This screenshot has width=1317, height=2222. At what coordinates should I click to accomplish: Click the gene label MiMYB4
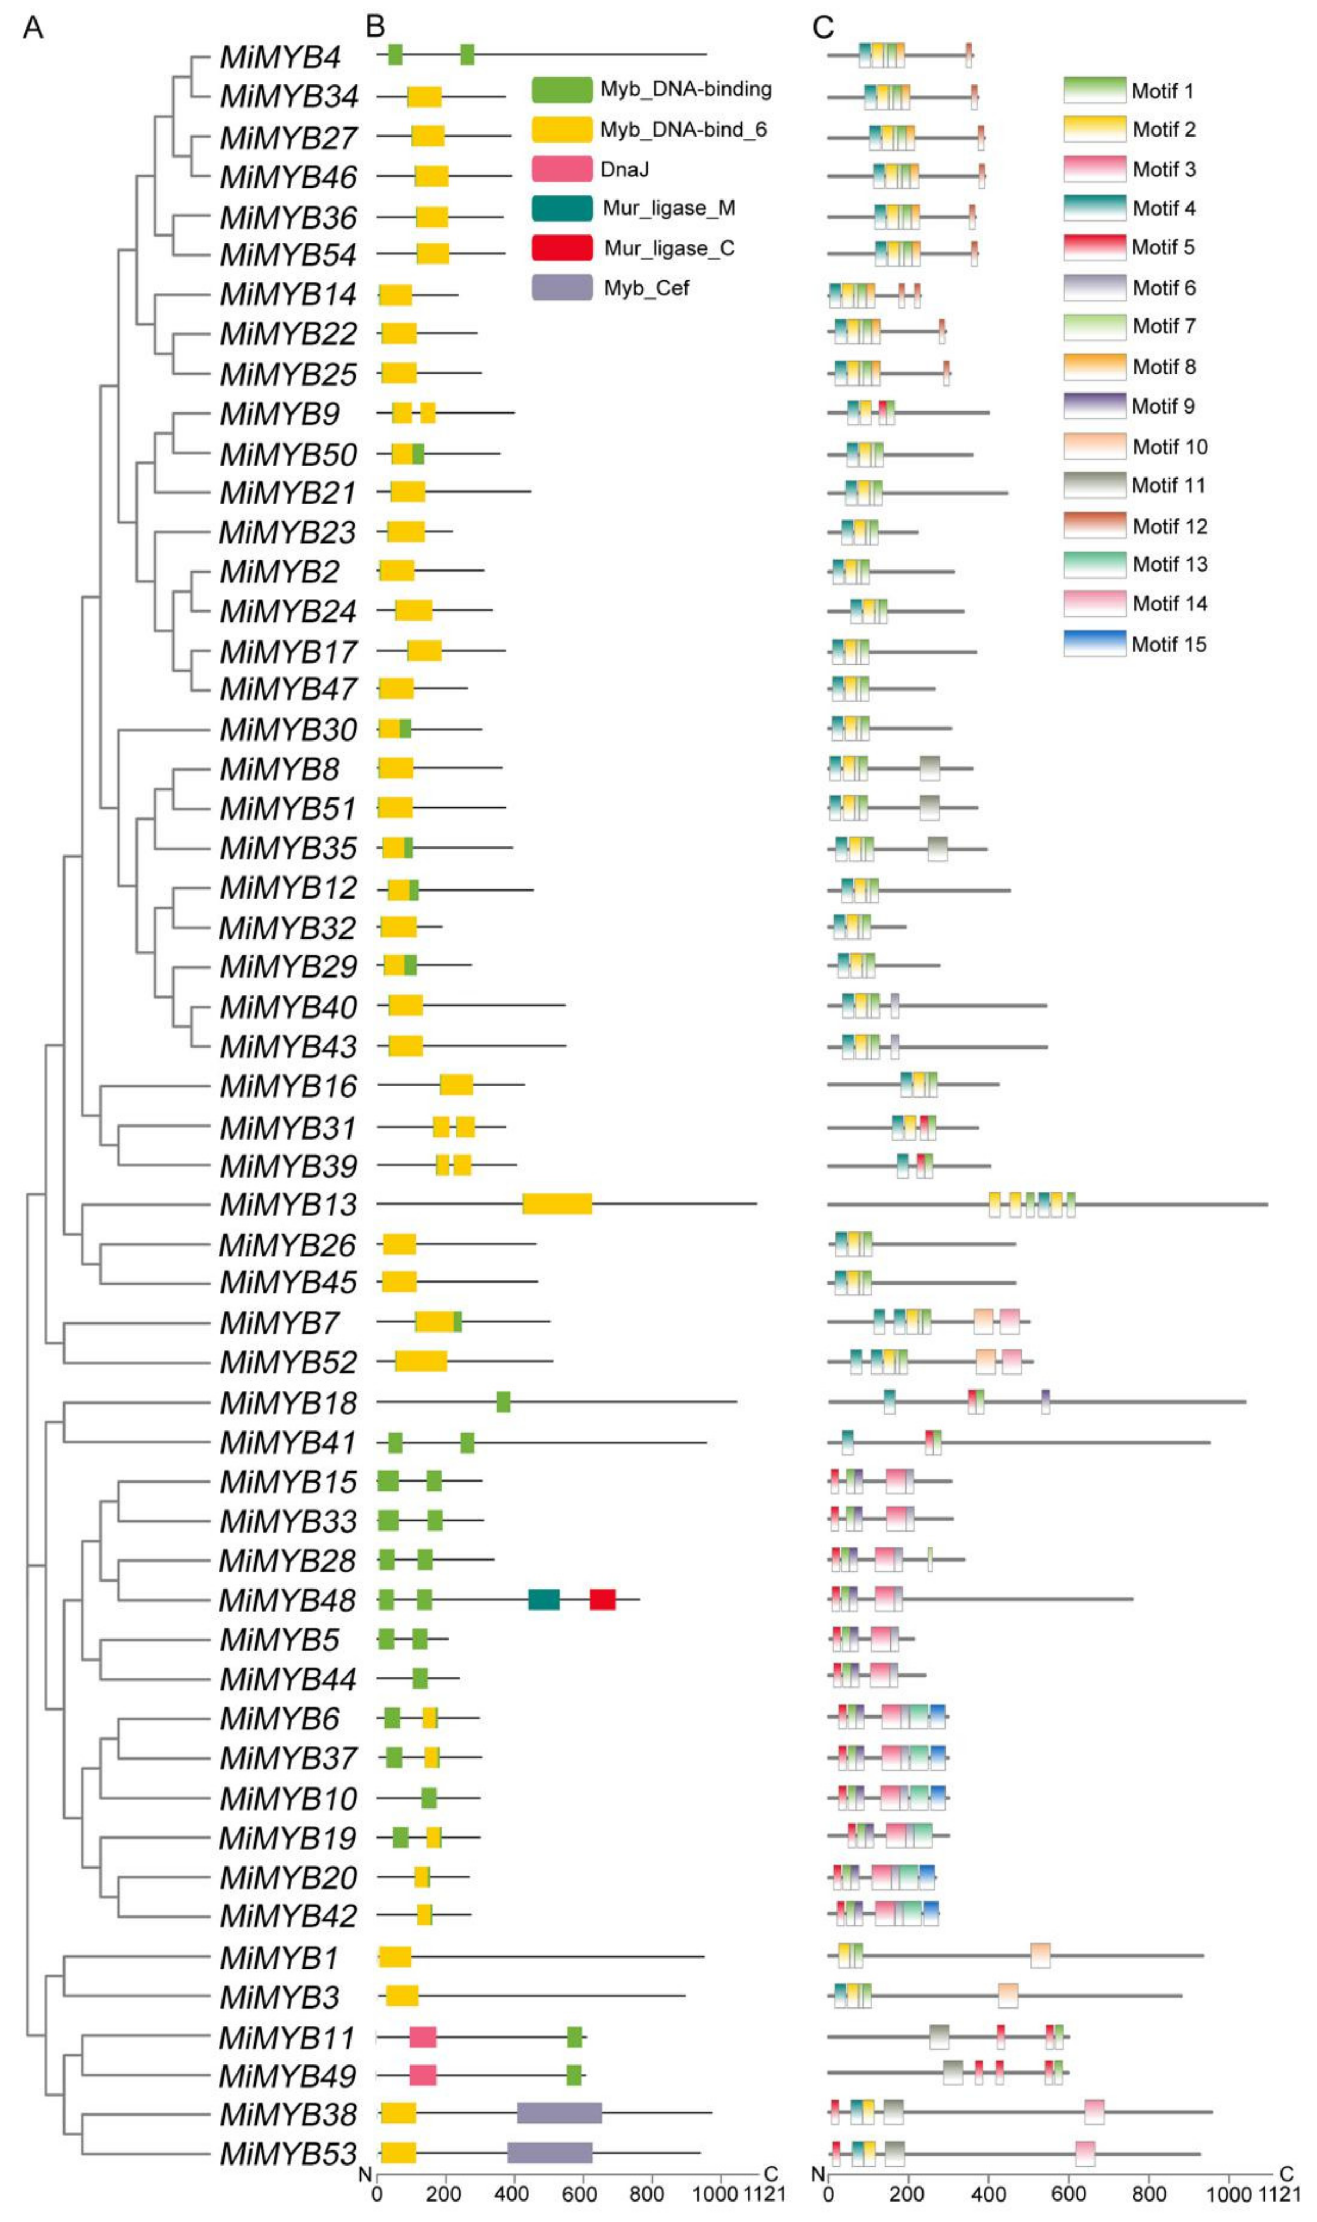click(x=281, y=57)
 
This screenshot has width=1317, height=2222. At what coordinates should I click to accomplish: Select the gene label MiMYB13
click(x=289, y=1205)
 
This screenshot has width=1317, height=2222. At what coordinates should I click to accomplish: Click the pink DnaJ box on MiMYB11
click(x=423, y=2036)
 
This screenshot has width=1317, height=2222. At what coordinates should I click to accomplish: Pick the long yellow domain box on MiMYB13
click(x=557, y=1204)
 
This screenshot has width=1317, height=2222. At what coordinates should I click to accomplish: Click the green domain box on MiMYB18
click(x=503, y=1402)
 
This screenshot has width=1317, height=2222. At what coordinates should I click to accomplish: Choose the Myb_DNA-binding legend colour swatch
click(x=562, y=90)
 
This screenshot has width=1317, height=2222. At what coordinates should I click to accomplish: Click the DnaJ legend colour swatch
click(x=562, y=169)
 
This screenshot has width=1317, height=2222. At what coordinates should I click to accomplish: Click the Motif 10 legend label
click(x=1170, y=446)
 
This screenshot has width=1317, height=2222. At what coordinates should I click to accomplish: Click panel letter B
click(x=375, y=27)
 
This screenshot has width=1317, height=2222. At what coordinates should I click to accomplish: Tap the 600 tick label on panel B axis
click(x=579, y=2195)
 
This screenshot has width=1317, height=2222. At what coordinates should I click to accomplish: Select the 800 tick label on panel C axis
click(x=1149, y=2195)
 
